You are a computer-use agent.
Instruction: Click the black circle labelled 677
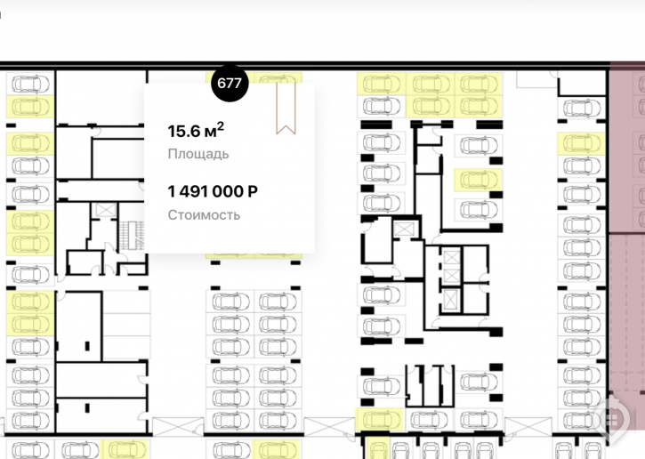tap(230, 83)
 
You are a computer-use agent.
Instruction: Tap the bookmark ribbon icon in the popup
tap(286, 109)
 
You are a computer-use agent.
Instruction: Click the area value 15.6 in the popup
tap(183, 132)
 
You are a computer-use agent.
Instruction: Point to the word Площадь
tap(198, 154)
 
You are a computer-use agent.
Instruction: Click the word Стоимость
tap(204, 214)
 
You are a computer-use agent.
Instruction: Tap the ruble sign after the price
tap(253, 191)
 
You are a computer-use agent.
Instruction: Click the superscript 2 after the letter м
tap(221, 127)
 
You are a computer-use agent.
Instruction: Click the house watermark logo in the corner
tap(612, 420)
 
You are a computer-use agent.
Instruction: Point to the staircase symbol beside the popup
tap(132, 236)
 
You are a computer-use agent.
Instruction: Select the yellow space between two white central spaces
tap(478, 181)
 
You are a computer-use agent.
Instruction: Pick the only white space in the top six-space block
tap(382, 107)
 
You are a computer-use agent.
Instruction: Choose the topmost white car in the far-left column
tap(30, 84)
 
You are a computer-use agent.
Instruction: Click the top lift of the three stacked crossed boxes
tap(451, 258)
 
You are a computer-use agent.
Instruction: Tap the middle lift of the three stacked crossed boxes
tap(451, 276)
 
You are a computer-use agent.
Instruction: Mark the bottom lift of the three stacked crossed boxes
tap(451, 299)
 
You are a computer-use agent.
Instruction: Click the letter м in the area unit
tap(209, 133)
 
